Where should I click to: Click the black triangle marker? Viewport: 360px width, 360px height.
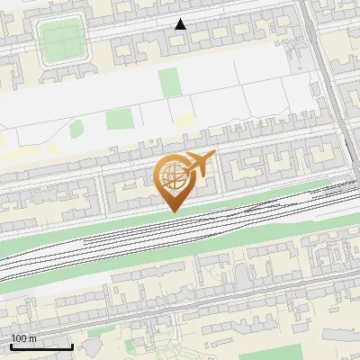[181, 24]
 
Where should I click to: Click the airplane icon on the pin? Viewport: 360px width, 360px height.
[199, 164]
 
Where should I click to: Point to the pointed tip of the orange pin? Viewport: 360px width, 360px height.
[173, 211]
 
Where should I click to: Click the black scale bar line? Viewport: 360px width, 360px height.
[41, 346]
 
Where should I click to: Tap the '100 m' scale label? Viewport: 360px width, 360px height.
[24, 338]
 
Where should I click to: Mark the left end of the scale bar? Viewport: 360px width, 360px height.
[11, 346]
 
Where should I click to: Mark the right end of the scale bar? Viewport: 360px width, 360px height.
[72, 346]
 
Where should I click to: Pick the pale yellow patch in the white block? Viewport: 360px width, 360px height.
[184, 120]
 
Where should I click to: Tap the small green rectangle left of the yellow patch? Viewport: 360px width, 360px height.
[117, 119]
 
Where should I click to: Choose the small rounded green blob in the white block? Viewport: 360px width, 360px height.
[76, 129]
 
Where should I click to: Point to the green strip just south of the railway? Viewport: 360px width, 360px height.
[180, 247]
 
